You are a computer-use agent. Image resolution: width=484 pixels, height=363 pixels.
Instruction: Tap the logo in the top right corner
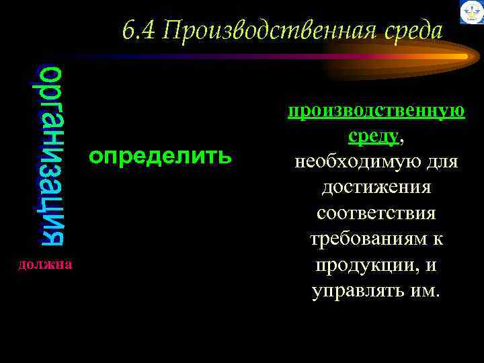[471, 12]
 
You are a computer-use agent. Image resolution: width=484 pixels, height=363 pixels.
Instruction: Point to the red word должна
[46, 265]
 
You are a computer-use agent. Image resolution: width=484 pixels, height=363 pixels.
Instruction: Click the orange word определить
[161, 157]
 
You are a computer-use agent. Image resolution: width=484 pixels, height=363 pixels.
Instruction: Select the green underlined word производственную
[376, 110]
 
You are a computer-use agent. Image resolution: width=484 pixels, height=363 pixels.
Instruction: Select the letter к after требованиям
[438, 239]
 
